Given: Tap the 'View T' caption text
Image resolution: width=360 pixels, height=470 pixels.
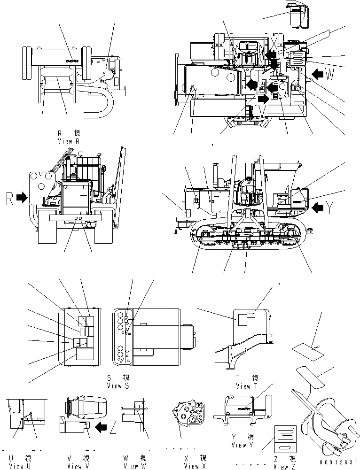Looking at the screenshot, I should coord(243,386).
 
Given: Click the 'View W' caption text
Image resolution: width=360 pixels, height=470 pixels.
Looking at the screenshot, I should coord(134,466).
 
